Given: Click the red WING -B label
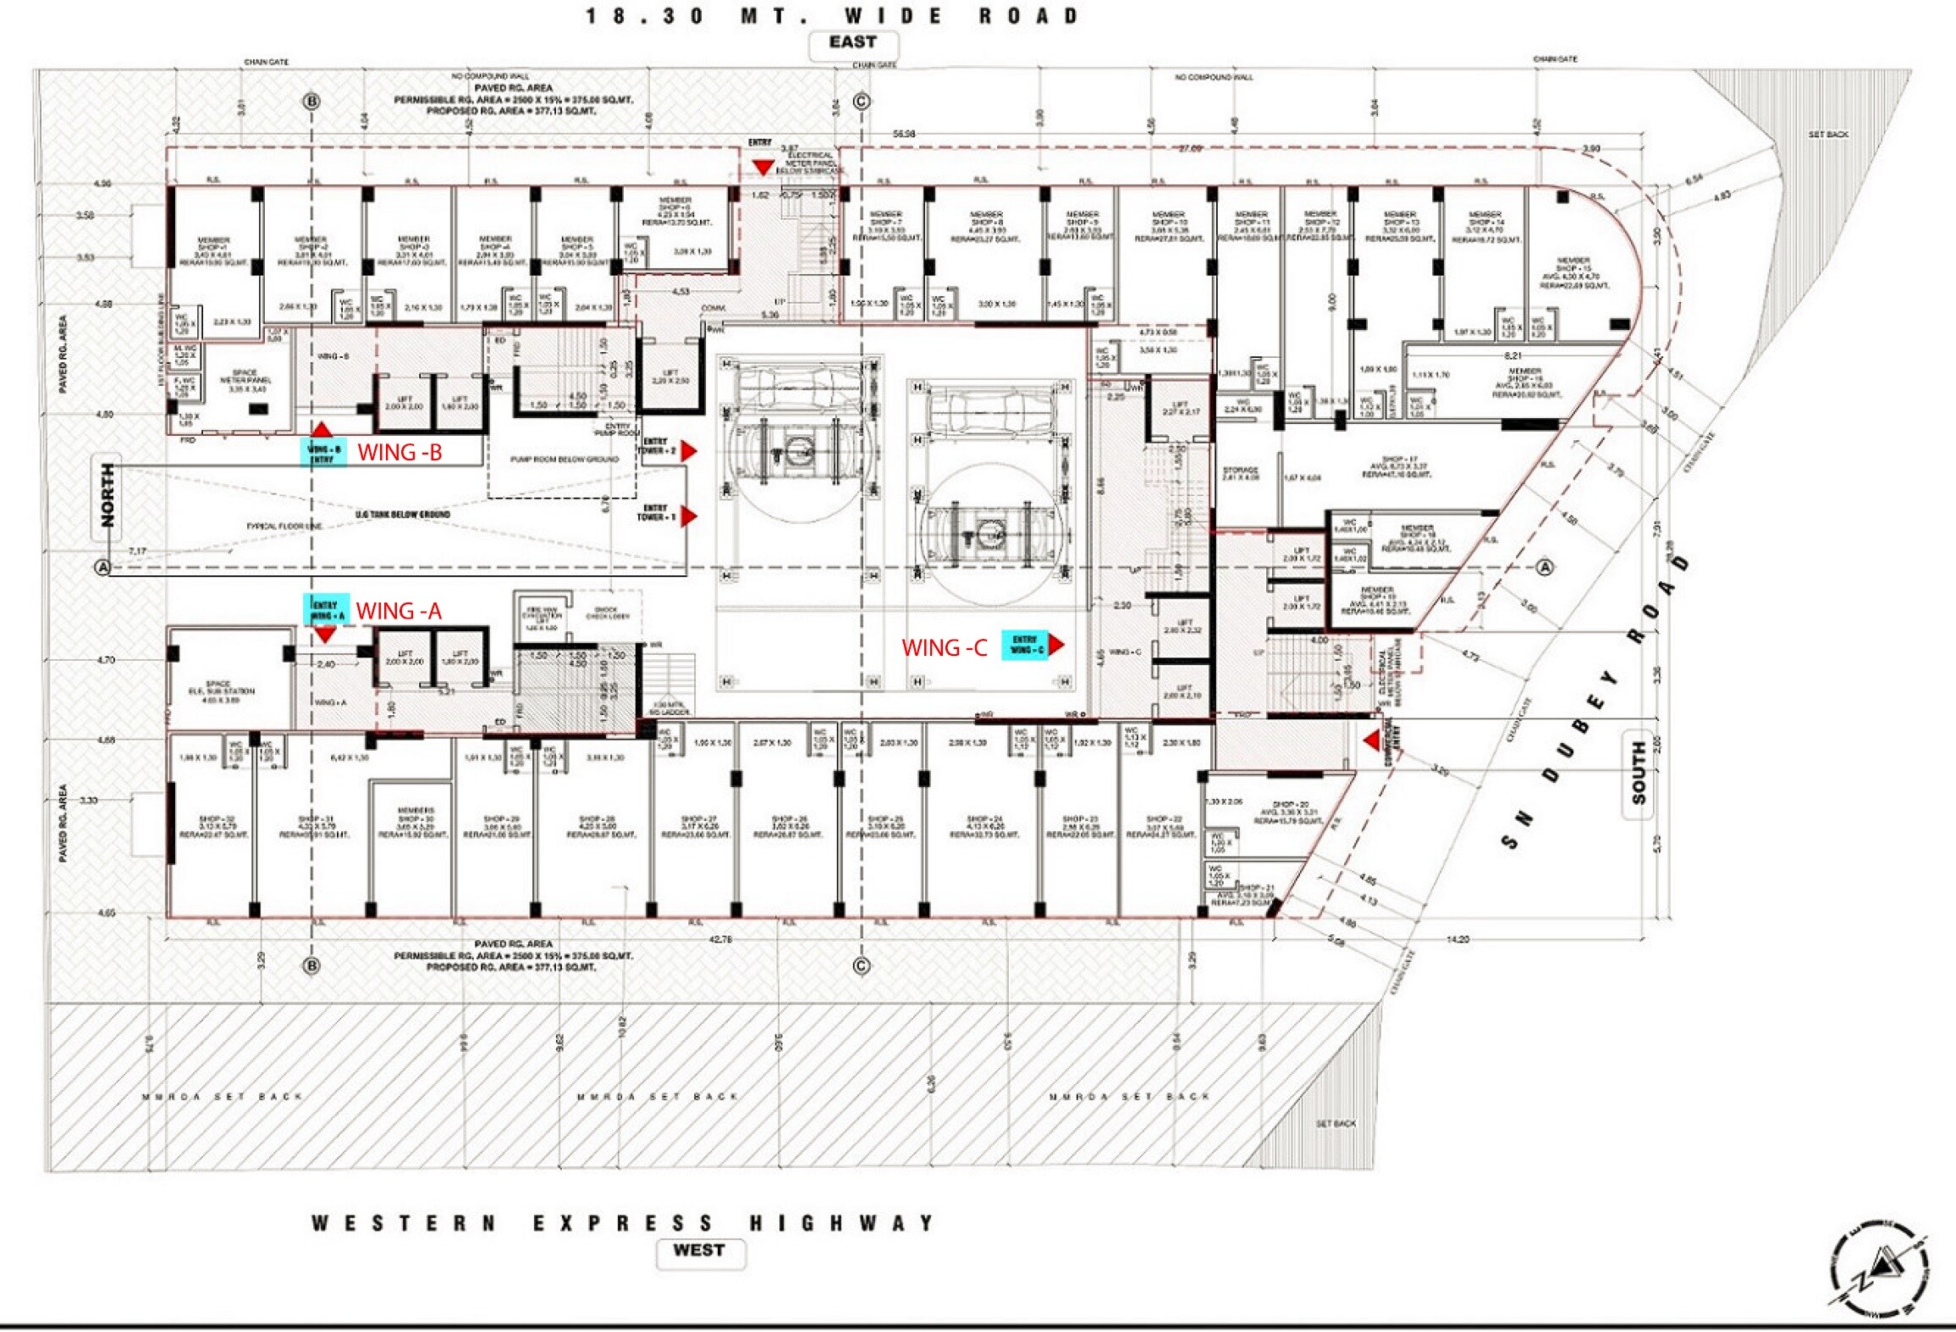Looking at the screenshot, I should click(x=399, y=453).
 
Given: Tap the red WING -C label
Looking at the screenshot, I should click(x=944, y=648).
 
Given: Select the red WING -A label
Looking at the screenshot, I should click(x=399, y=611).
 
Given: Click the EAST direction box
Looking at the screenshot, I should click(x=852, y=43).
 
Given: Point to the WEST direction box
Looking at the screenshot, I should click(x=699, y=1251).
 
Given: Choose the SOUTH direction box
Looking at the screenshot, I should click(x=1639, y=773).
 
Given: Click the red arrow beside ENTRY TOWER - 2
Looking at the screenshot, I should click(x=689, y=451).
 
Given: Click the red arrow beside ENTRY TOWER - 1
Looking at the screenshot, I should click(x=689, y=516).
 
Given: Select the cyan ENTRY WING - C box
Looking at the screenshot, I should click(x=1025, y=645).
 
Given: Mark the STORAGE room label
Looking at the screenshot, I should click(x=1241, y=473).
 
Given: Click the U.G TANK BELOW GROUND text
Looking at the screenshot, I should click(x=403, y=515).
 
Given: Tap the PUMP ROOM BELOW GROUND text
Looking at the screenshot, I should click(x=564, y=460).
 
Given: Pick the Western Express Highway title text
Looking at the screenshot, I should click(x=623, y=1223).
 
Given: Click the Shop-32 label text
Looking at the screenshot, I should click(x=213, y=826).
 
